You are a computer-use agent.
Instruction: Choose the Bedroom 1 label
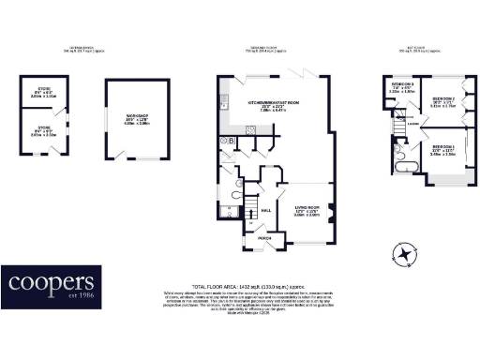tap(443, 150)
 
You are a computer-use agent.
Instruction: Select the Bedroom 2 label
tap(442, 100)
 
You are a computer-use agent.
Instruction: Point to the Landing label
tap(412, 123)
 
